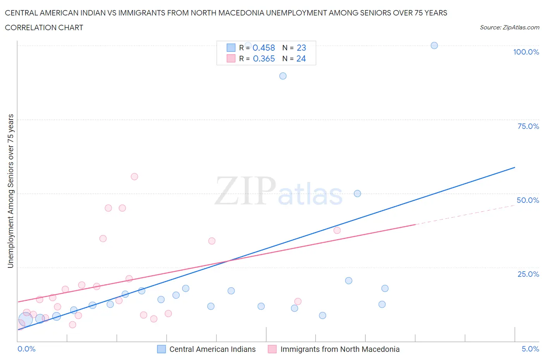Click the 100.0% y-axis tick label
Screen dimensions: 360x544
coord(526,52)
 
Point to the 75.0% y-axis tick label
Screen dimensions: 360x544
coord(528,126)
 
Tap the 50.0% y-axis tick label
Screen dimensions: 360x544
coord(528,200)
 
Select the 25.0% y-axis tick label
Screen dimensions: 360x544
coord(528,274)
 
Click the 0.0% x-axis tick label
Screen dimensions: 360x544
coord(26,349)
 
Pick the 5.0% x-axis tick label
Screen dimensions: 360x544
coord(530,349)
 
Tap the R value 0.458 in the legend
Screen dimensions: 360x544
coord(263,48)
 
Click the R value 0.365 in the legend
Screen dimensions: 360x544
coord(263,58)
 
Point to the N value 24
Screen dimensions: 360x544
coord(301,58)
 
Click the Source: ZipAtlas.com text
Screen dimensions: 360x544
coord(509,27)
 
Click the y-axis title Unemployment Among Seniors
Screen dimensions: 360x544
coord(11,191)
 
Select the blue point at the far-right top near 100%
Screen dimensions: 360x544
coord(434,45)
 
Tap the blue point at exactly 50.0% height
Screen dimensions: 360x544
coord(357,194)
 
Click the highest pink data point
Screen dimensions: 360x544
coord(134,177)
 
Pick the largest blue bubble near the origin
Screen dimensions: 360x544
coord(26,319)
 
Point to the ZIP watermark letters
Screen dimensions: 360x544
coord(245,191)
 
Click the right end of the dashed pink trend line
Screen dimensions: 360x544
coord(515,205)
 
